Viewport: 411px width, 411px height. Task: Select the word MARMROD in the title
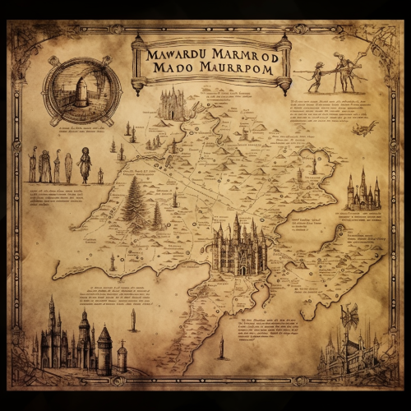coord(244,55)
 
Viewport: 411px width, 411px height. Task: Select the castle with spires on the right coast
coord(363,192)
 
